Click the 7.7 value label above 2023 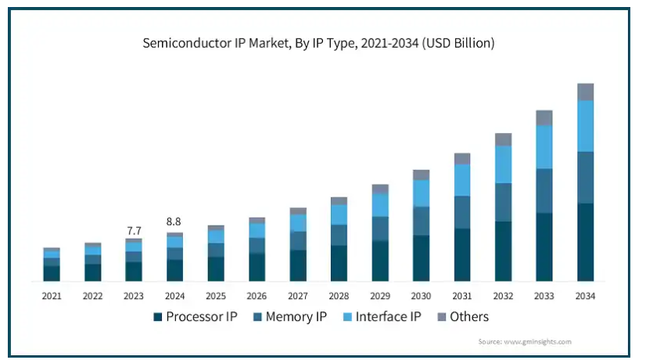pyautogui.click(x=134, y=231)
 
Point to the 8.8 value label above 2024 pyautogui.click(x=174, y=221)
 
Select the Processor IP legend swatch pyautogui.click(x=157, y=317)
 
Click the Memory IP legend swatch pyautogui.click(x=257, y=317)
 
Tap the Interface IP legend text pyautogui.click(x=388, y=317)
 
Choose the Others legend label pyautogui.click(x=469, y=317)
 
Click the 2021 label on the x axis pyautogui.click(x=52, y=296)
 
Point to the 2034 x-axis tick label pyautogui.click(x=585, y=296)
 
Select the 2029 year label pyautogui.click(x=380, y=296)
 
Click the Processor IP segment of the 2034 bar pyautogui.click(x=586, y=242)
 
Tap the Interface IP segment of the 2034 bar pyautogui.click(x=586, y=126)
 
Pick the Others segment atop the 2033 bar pyautogui.click(x=544, y=118)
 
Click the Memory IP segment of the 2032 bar pyautogui.click(x=504, y=203)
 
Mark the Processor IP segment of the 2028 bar pyautogui.click(x=339, y=264)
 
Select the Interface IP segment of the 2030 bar pyautogui.click(x=421, y=193)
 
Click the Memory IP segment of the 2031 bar pyautogui.click(x=462, y=212)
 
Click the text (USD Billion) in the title pyautogui.click(x=458, y=43)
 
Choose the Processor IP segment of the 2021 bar pyautogui.click(x=52, y=273)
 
